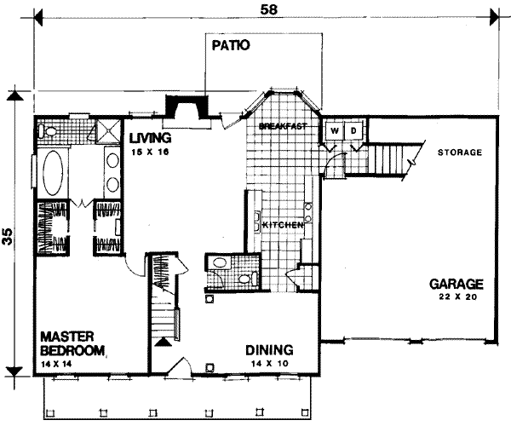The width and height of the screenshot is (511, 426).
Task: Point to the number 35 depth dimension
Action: [8, 238]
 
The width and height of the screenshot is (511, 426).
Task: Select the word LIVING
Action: [150, 137]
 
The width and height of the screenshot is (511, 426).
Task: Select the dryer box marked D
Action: [353, 130]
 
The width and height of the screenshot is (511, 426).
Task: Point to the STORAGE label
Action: [460, 153]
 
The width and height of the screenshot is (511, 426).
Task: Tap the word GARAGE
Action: [456, 285]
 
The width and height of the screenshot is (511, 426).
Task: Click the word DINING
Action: [269, 349]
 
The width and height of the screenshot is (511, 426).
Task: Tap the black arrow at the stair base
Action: [163, 343]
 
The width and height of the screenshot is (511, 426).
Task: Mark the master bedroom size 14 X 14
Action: [56, 364]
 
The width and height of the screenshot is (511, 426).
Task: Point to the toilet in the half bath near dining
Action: [246, 278]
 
